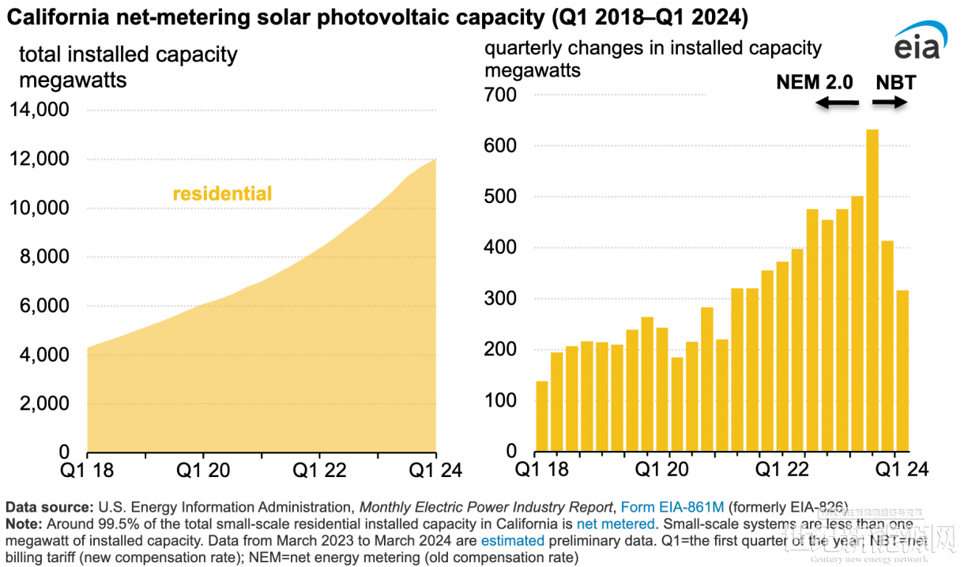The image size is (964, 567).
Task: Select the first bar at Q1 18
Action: click(x=542, y=416)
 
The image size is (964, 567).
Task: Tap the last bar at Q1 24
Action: click(x=902, y=370)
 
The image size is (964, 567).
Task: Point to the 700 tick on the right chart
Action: click(x=500, y=96)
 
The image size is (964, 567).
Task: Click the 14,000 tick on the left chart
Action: click(x=39, y=111)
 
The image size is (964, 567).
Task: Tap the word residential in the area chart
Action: click(x=222, y=193)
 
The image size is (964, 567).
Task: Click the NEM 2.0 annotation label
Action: click(x=815, y=82)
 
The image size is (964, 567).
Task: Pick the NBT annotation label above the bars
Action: click(x=895, y=82)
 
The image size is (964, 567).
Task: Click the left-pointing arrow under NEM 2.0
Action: click(x=836, y=103)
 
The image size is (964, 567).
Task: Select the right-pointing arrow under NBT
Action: click(x=889, y=103)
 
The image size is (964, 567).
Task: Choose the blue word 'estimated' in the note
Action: click(x=510, y=541)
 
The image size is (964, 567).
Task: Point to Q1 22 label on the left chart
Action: click(x=320, y=470)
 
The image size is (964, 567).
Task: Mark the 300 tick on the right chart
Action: click(x=500, y=299)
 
